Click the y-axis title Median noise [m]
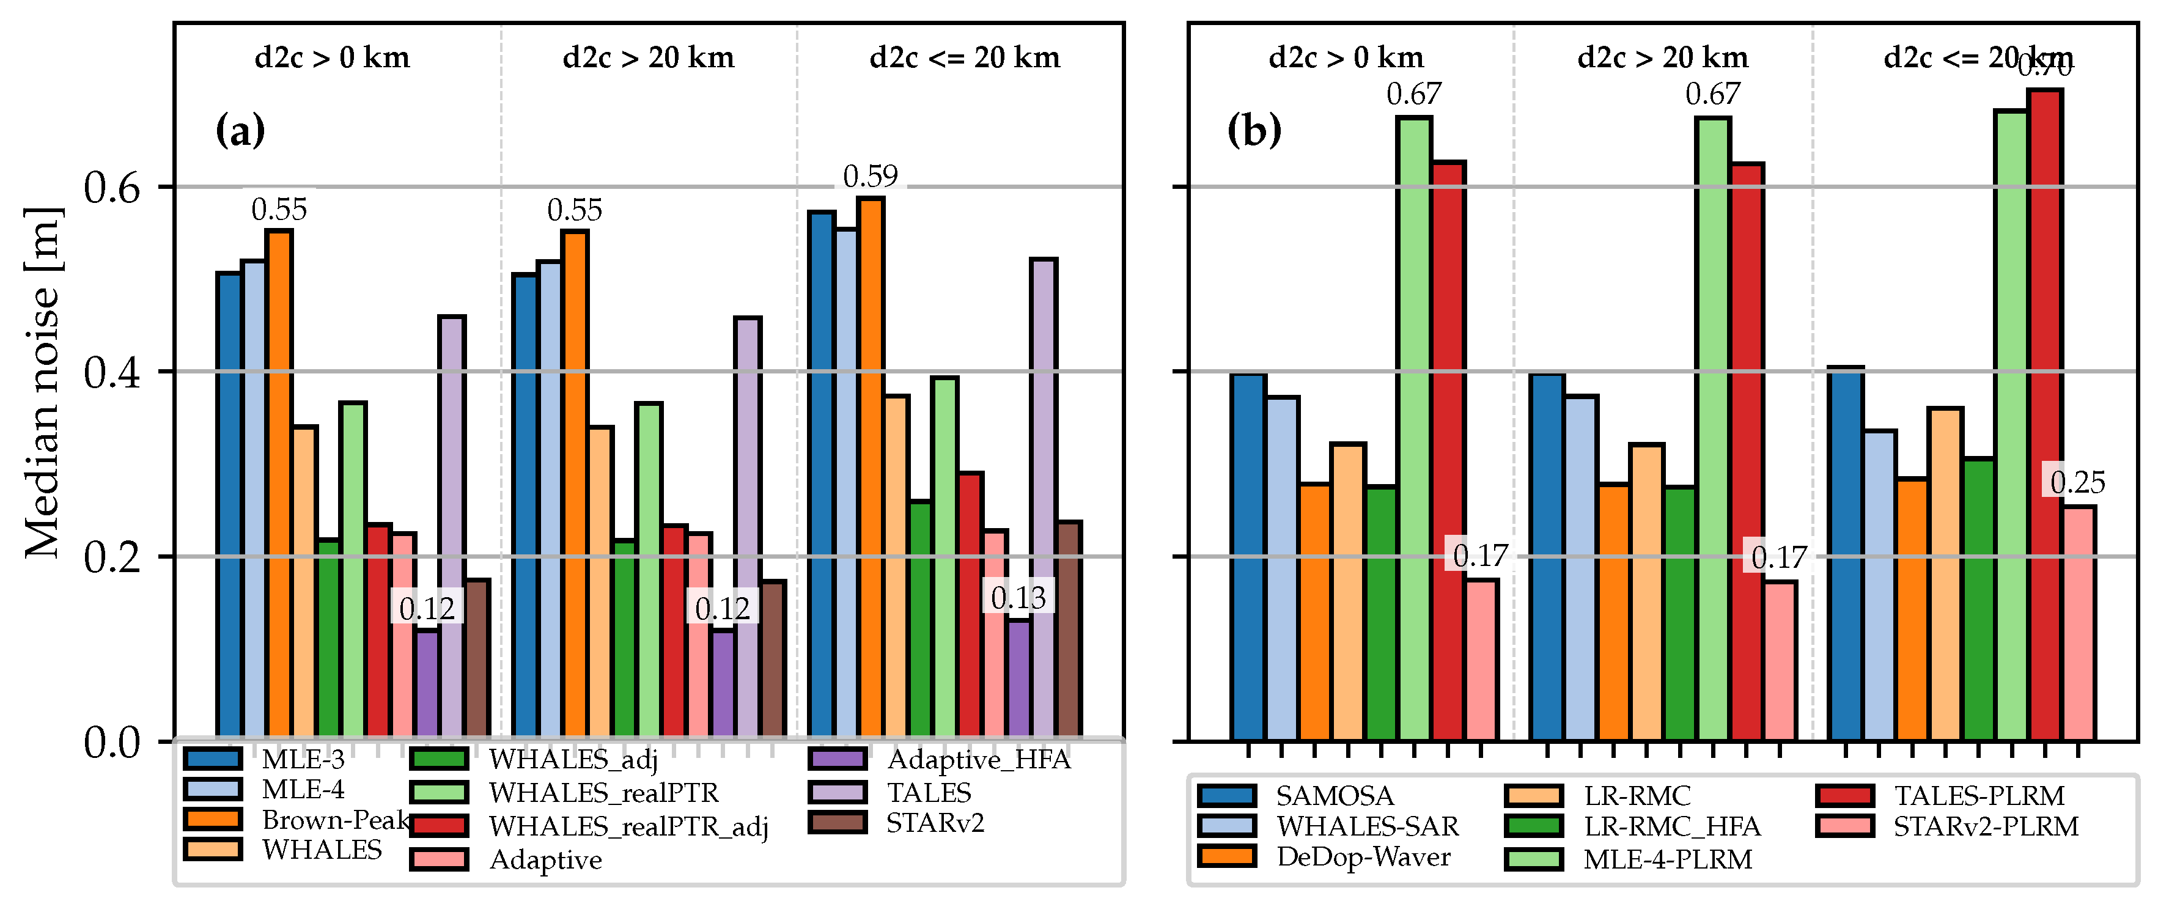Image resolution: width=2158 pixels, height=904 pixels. tap(42, 382)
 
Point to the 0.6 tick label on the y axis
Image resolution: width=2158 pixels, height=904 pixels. tap(111, 188)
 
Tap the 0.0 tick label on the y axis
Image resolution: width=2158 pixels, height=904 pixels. tap(111, 742)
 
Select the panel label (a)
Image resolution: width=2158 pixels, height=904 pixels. tap(240, 131)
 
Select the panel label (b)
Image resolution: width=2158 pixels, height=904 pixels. tap(1254, 131)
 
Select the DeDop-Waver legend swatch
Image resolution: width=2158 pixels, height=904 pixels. tap(1226, 856)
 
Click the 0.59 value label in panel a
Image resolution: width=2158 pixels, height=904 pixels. tap(871, 176)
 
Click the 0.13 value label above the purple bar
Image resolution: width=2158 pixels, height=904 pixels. tap(1018, 597)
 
